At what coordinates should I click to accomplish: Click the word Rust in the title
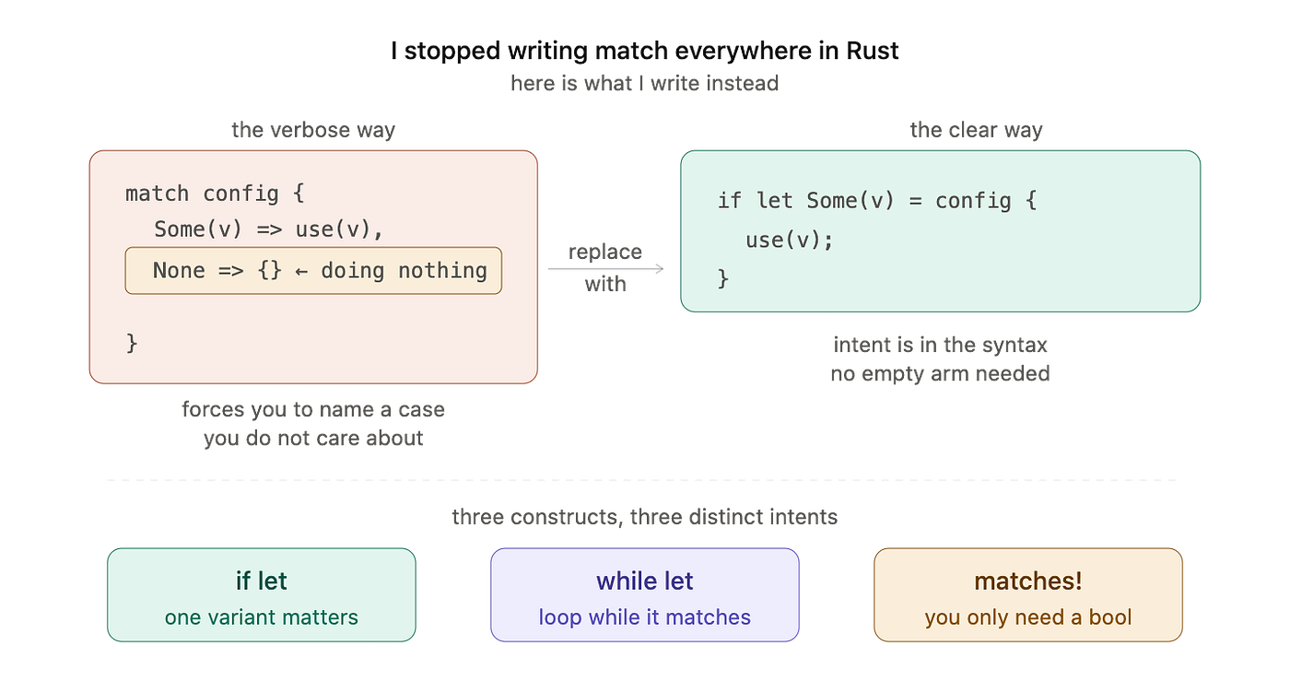point(872,51)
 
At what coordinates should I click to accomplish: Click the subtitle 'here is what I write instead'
point(644,84)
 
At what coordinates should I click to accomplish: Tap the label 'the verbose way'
point(313,130)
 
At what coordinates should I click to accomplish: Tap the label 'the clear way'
point(976,130)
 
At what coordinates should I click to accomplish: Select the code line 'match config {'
point(215,194)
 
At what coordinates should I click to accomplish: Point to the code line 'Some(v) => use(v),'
point(268,229)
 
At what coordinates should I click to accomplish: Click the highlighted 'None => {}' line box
point(313,271)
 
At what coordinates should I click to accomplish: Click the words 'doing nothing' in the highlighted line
point(404,271)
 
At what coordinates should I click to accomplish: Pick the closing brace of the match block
point(132,344)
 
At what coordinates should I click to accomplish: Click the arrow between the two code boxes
point(606,268)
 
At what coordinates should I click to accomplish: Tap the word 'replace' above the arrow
point(605,252)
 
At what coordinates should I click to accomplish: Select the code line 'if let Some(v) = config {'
point(877,201)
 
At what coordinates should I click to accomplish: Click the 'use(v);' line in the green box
point(789,241)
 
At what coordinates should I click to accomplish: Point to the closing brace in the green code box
point(723,279)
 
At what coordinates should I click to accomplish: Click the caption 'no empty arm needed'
point(940,374)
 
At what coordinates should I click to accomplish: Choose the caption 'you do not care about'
point(313,439)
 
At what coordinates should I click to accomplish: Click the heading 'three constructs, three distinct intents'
point(644,517)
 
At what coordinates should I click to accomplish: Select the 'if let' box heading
point(262,581)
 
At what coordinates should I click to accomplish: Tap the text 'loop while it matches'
point(644,617)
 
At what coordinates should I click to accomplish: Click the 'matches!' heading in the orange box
point(1028,581)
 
